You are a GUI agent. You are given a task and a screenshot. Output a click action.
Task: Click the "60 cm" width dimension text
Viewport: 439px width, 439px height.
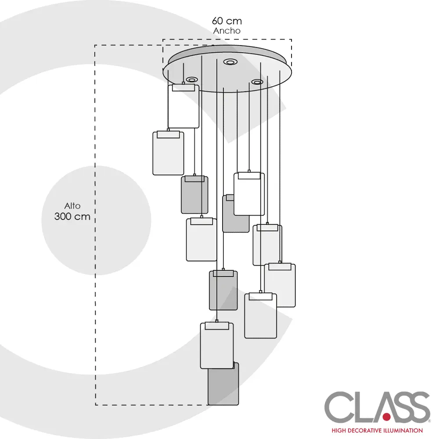pyautogui.click(x=227, y=21)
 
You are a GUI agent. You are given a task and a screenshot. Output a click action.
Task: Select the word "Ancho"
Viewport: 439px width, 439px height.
pyautogui.click(x=227, y=31)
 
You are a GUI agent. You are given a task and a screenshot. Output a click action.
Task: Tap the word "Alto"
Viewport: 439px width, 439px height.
pyautogui.click(x=72, y=205)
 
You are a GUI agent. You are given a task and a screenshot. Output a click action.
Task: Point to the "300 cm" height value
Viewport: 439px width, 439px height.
pyautogui.click(x=72, y=216)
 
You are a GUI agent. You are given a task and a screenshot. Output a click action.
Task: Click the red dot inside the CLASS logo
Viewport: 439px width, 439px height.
pyautogui.click(x=386, y=415)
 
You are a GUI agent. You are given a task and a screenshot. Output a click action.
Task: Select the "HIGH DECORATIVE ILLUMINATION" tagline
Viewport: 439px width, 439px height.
pyautogui.click(x=377, y=430)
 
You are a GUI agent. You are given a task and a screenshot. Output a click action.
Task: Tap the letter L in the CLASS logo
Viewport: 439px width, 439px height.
pyautogui.click(x=361, y=407)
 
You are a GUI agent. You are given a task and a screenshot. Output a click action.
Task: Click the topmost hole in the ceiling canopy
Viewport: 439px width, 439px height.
pyautogui.click(x=229, y=62)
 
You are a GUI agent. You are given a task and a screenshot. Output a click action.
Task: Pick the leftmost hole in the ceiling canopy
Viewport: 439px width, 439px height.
pyautogui.click(x=191, y=79)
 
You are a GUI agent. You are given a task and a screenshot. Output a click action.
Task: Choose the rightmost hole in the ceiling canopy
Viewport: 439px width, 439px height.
pyautogui.click(x=257, y=82)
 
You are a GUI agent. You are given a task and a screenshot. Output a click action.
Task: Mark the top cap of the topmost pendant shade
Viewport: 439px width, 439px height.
pyautogui.click(x=184, y=88)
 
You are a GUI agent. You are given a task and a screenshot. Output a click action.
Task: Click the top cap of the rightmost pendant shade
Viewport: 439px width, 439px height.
pyautogui.click(x=280, y=266)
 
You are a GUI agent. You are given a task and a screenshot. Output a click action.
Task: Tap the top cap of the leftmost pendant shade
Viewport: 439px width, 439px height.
pyautogui.click(x=168, y=135)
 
